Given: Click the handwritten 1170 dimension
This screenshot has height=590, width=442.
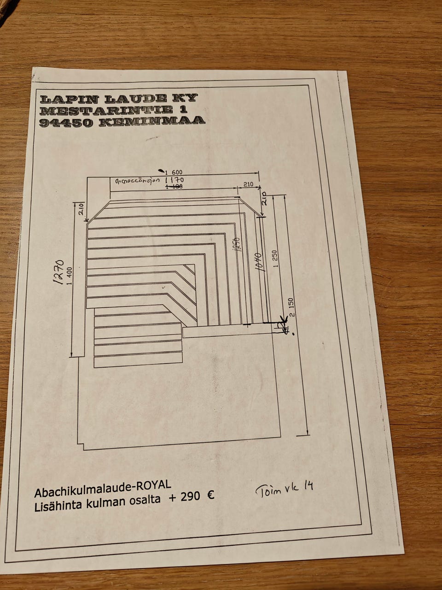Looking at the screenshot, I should (x=174, y=180).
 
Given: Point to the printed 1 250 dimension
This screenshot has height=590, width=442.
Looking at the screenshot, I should (x=275, y=259).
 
